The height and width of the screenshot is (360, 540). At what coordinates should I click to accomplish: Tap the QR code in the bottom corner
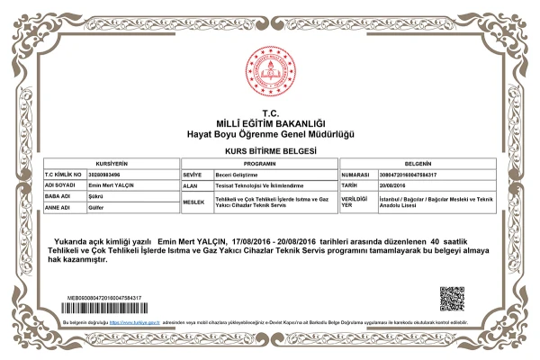[452, 299]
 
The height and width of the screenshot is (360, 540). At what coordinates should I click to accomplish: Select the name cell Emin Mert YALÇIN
[112, 184]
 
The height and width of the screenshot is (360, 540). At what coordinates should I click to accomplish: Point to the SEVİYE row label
[192, 175]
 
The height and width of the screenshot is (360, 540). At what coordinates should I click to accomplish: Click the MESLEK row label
[193, 202]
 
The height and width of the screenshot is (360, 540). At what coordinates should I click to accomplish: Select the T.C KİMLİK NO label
[63, 175]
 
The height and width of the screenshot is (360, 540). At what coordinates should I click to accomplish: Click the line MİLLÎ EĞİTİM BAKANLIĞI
[270, 122]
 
